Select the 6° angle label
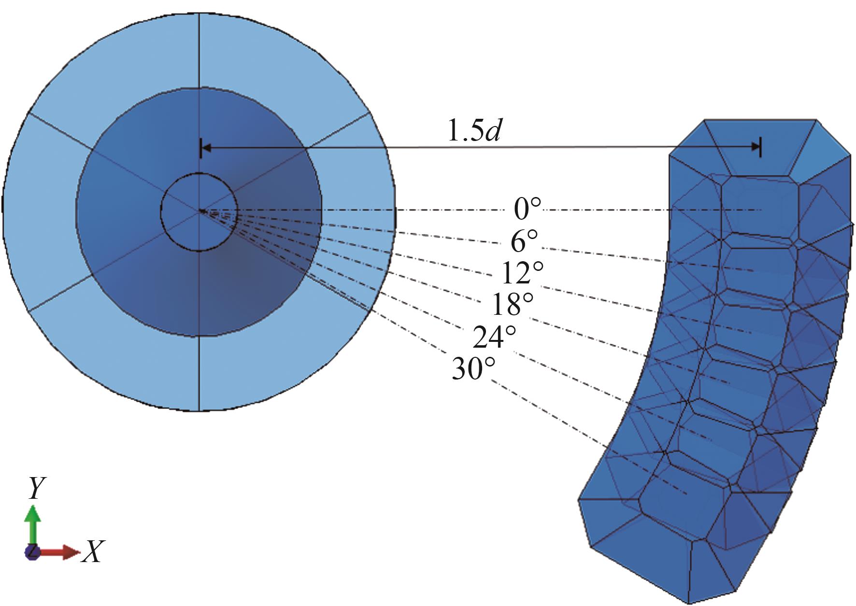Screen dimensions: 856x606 525,240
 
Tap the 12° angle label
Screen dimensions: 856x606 522,273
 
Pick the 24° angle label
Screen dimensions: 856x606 494,337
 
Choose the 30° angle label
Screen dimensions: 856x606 473,369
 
